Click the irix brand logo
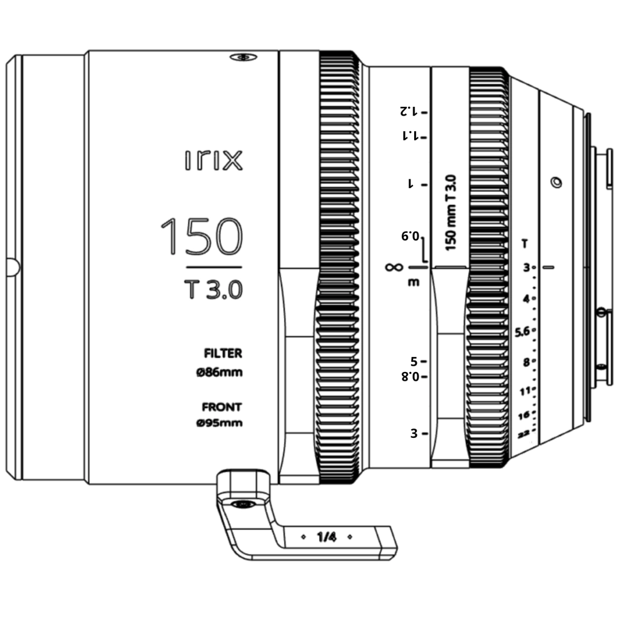(x=214, y=160)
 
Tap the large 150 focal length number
(x=202, y=236)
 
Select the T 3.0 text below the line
(x=214, y=289)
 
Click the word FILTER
(x=223, y=353)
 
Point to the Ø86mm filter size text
(x=219, y=372)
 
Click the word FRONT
(x=222, y=407)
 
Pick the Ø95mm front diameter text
(x=219, y=423)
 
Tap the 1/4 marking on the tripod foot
(x=327, y=537)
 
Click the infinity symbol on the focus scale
(x=394, y=267)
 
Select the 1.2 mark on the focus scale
(x=409, y=111)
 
